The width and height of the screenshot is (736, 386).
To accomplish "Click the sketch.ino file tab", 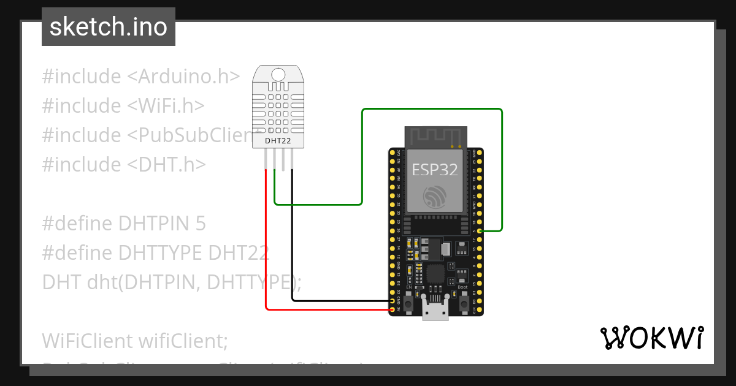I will [108, 27].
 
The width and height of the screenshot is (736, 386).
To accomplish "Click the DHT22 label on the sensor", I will [278, 141].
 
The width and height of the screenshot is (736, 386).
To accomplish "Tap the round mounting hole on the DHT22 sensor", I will [278, 75].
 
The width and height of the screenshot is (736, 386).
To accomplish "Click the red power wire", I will [266, 245].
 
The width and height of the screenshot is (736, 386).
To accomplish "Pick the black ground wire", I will [292, 245].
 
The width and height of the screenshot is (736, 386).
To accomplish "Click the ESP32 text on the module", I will [434, 170].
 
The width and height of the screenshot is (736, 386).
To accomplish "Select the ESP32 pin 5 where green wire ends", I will [480, 230].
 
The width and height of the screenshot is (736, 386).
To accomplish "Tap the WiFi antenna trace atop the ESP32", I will [434, 136].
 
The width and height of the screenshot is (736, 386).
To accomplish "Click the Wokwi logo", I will [651, 338].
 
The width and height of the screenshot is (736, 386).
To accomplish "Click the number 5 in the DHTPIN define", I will [200, 224].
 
